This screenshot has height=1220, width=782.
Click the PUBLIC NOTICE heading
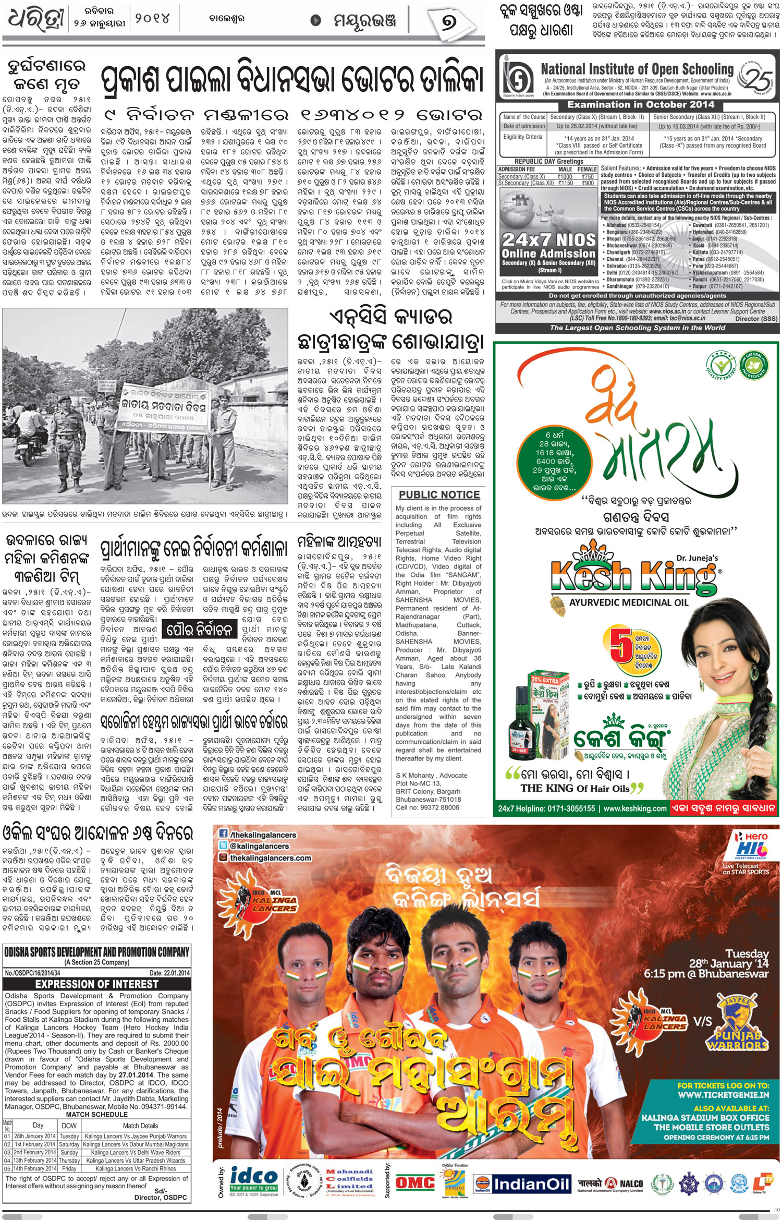439,494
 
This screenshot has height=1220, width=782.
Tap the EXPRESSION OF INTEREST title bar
96,984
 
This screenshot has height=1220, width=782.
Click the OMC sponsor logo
415,1182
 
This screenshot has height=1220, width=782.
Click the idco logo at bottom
254,1180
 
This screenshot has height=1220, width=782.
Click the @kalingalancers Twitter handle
259,846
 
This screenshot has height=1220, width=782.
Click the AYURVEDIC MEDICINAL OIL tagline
629,602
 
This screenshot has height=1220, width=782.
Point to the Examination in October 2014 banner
640,104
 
